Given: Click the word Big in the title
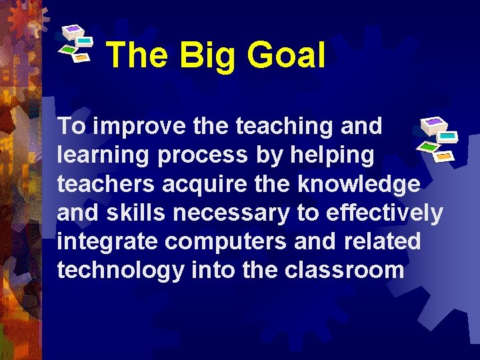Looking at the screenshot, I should click(206, 56).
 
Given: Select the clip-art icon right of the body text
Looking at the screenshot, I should click(437, 138).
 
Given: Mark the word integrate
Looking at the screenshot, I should click(107, 241).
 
